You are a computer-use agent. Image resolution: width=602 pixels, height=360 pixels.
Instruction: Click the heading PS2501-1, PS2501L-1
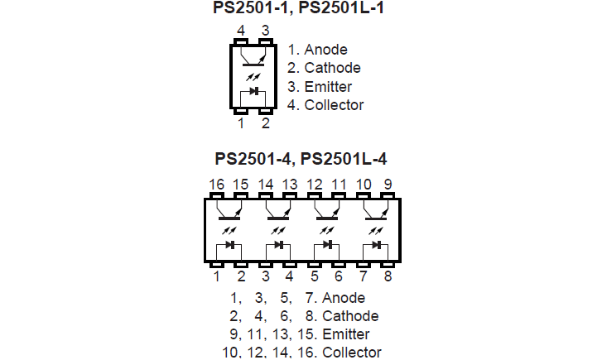301,10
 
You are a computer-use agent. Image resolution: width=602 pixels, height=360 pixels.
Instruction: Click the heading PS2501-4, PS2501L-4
301,159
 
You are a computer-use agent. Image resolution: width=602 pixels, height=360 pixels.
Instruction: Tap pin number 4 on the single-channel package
241,31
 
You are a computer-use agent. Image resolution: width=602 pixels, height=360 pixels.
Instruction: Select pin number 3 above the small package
265,31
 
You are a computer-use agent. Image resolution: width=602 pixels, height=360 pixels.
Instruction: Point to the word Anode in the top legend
325,50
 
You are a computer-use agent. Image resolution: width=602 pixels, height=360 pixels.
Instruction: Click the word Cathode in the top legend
332,68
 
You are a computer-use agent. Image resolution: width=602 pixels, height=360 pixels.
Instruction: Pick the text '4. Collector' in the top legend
325,105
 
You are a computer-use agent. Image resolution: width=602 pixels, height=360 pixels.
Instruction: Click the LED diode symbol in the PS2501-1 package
253,91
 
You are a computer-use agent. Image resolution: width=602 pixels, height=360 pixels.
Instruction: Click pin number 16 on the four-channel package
217,184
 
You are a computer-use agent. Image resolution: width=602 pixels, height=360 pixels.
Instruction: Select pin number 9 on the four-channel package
388,184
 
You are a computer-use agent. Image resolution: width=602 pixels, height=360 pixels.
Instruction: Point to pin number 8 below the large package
388,276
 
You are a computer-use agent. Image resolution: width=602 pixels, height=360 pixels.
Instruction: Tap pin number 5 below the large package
315,276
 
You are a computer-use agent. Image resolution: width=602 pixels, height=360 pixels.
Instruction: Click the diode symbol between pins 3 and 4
278,246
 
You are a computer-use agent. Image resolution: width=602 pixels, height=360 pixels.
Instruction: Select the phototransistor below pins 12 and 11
327,212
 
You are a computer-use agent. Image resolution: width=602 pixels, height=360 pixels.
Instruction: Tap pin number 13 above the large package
290,184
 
